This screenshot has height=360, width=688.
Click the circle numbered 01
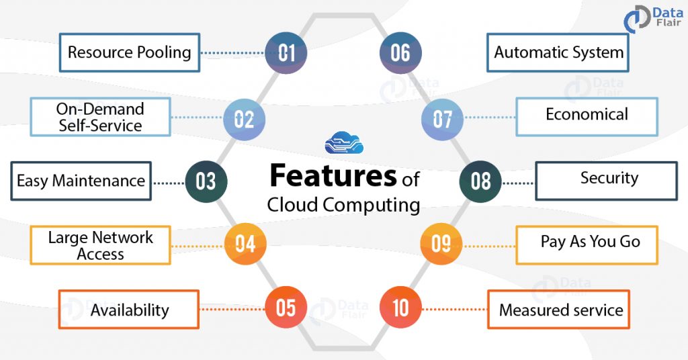click(286, 52)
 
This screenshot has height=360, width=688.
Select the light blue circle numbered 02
click(244, 120)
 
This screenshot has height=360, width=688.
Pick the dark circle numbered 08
click(480, 181)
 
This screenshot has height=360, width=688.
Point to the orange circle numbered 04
click(245, 242)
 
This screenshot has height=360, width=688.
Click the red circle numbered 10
click(400, 308)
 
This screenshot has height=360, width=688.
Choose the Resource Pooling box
click(129, 52)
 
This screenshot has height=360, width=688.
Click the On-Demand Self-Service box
click(100, 117)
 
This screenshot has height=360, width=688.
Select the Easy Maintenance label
click(81, 181)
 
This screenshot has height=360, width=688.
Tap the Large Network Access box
click(100, 245)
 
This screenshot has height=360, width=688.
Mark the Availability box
click(129, 310)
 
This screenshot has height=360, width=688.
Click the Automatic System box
click(558, 52)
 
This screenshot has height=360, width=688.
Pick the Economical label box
click(587, 116)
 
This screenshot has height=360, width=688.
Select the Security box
click(607, 180)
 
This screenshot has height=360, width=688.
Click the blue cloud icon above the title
click(343, 143)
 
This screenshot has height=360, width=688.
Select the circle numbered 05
click(286, 308)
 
